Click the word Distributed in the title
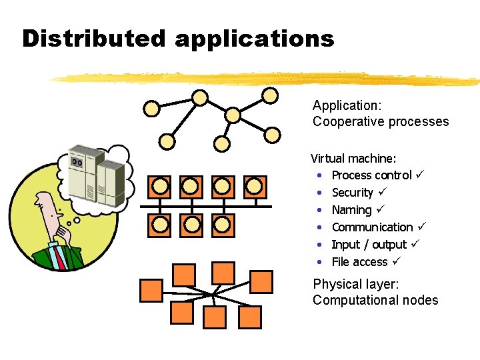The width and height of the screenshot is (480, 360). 94,38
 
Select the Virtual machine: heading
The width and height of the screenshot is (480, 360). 353,158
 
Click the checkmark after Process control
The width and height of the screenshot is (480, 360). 420,174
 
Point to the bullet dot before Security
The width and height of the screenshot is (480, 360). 319,193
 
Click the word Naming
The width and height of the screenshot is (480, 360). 352,210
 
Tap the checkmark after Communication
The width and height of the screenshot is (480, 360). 421,226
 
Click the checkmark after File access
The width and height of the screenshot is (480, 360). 397,261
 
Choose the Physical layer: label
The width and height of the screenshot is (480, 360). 356,285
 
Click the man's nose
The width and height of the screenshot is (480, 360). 37,203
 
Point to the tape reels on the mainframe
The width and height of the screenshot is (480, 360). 77,161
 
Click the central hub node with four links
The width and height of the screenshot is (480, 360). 233,115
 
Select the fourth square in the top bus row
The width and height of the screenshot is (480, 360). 255,187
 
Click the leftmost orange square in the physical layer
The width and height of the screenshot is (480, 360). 151,291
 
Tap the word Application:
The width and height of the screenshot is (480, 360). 347,106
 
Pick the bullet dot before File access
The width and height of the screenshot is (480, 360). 319,262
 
